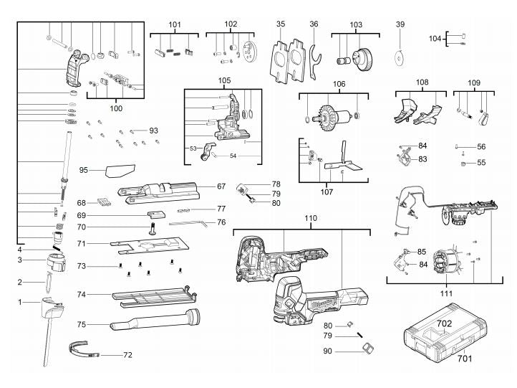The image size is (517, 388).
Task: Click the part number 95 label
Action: coord(83,170)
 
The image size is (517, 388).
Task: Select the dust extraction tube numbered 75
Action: coord(155,319)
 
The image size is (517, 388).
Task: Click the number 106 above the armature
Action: coord(339,84)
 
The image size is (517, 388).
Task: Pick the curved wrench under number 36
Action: coord(314,62)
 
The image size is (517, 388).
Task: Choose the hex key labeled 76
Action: coord(188,224)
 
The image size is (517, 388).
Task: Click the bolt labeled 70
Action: coord(153,229)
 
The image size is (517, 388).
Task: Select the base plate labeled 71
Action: coord(150,245)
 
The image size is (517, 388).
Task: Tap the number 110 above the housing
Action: coord(311,218)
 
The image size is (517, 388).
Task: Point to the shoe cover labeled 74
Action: coord(155,295)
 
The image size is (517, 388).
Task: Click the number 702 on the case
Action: coord(445,323)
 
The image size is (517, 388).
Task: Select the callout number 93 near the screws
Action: coord(154,131)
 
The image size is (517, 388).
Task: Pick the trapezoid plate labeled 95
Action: coord(120,170)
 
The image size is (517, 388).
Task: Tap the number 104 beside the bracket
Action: coord(435,39)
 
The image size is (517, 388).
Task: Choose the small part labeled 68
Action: coord(104,202)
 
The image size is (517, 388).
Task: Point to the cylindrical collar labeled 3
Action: coord(56,262)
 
